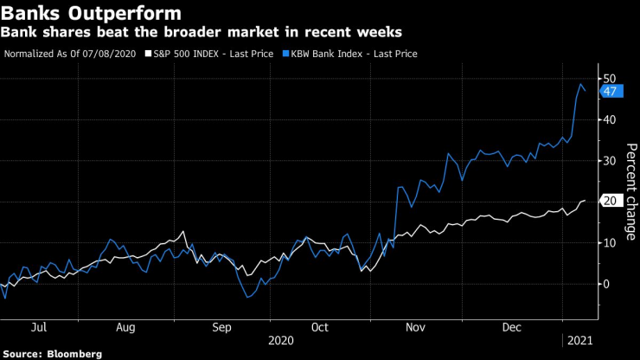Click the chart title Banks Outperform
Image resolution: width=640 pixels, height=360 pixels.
[92, 14]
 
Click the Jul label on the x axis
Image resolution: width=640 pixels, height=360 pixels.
[38, 328]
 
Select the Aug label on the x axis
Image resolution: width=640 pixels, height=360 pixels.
[126, 328]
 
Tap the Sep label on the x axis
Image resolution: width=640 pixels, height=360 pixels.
[221, 328]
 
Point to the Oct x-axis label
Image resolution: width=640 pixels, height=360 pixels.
[319, 328]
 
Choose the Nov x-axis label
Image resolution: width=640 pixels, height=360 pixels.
[414, 328]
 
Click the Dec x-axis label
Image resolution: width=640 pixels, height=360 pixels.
[510, 328]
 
